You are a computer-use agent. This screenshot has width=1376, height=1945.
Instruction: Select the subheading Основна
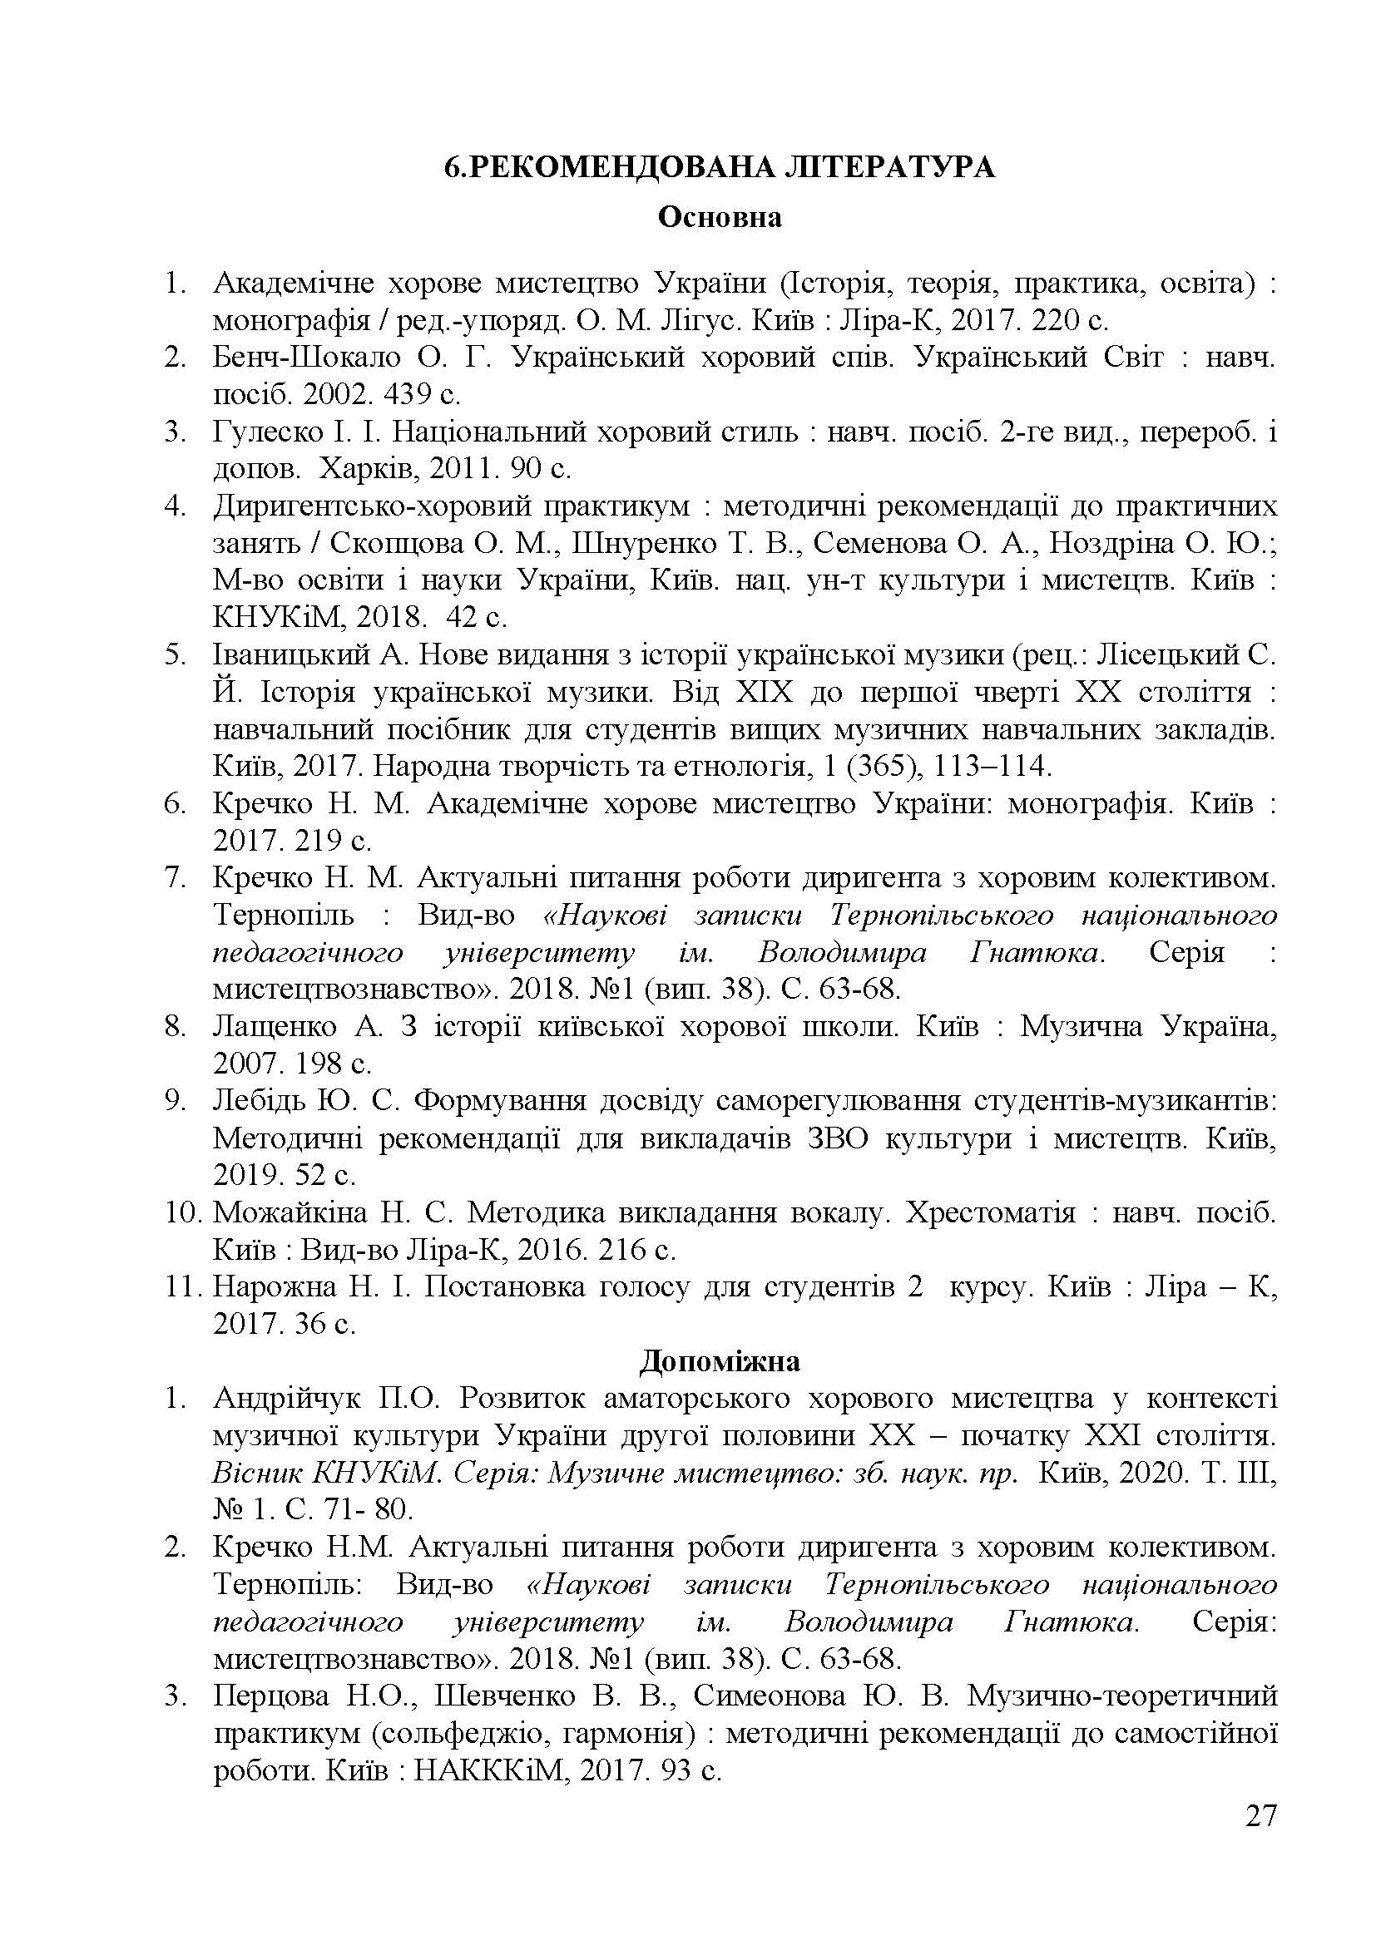coord(720,218)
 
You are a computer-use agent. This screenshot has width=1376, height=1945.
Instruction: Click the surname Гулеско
coord(265,432)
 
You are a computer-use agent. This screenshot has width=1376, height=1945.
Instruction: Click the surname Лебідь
coord(264,1101)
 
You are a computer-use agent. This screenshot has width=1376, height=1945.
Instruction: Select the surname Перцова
coord(270,1697)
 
